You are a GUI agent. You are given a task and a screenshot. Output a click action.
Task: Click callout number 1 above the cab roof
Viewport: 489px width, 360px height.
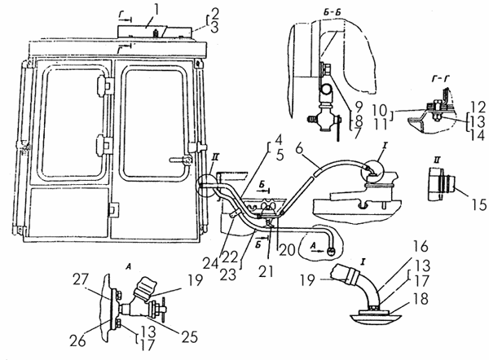coord(156,10)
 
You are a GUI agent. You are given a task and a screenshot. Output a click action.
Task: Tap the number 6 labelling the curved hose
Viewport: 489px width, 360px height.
coord(299,149)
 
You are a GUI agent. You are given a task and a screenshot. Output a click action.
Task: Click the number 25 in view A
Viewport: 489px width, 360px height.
coord(189,336)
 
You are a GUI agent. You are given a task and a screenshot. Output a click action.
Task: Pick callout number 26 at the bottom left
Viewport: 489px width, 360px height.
coord(77,340)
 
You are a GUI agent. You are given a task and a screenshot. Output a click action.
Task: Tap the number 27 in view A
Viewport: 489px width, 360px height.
coord(80,279)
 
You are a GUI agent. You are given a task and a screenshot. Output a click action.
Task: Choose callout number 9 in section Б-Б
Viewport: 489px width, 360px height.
coord(359,107)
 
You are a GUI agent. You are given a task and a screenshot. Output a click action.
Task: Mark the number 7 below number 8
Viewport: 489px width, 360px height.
coord(358,134)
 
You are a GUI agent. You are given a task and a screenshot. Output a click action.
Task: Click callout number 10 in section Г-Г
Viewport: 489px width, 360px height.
coord(380,110)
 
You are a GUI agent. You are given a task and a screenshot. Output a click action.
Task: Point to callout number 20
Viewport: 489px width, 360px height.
coord(287,250)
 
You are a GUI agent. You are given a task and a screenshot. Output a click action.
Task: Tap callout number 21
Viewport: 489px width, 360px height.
coord(266,270)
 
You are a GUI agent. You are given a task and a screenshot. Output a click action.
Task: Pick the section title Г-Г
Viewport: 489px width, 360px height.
coord(439,80)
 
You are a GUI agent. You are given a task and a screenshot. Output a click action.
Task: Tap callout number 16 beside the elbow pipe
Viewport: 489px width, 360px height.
coord(421,246)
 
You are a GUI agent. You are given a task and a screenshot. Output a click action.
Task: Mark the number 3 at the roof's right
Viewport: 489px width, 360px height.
coord(214,28)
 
